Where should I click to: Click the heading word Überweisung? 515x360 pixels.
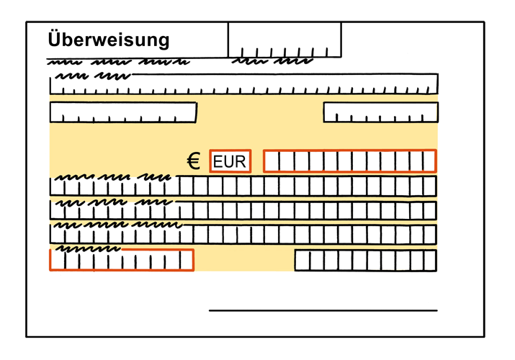108,40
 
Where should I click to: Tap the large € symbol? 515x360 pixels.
194,161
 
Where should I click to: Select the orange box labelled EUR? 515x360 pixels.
230,161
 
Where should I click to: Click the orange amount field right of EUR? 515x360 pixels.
350,161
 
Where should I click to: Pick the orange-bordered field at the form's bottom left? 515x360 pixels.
122,260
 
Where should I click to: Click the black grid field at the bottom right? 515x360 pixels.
366,261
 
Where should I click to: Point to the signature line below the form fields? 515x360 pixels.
323,310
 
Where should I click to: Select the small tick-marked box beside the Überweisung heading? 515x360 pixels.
285,40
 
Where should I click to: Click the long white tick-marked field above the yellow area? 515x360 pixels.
243,84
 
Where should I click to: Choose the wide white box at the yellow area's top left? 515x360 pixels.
123,112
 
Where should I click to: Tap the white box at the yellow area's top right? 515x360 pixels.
380,112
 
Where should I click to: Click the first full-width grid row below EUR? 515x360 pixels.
243,186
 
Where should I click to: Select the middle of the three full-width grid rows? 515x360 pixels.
243,210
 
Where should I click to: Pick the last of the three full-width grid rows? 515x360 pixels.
243,234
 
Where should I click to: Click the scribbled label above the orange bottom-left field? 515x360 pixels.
88,248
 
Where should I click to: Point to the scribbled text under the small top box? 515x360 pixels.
272,61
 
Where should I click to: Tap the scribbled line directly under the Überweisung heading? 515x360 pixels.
118,62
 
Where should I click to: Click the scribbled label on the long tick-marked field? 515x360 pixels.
94,76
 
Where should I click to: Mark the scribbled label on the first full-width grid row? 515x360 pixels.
113,178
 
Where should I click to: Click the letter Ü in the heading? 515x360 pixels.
53,39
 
